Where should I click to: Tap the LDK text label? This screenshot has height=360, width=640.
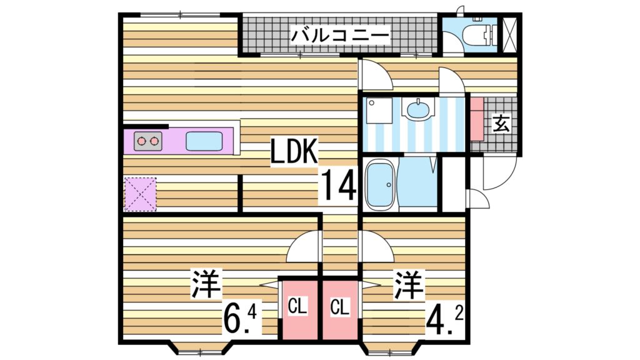click(295, 152)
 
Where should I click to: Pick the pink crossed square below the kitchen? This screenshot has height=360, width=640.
click(141, 194)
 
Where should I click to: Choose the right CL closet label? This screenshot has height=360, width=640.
click(339, 307)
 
